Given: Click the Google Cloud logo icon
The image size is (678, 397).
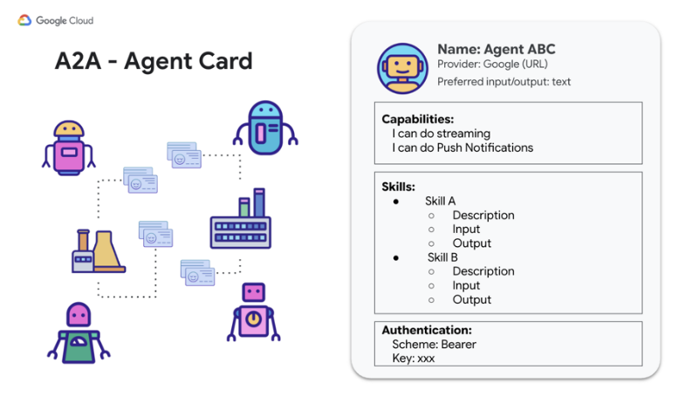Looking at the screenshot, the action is [x=24, y=20].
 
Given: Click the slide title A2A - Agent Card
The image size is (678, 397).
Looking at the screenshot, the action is [x=154, y=61].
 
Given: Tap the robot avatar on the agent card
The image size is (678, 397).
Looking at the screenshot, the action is [x=402, y=68].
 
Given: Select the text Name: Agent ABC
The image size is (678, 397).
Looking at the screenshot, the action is [x=497, y=50].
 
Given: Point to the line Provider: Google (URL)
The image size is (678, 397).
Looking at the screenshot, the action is [x=492, y=64].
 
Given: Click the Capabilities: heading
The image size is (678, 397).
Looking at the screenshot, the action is [x=418, y=119].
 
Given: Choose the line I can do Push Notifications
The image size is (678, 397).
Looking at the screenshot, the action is [x=462, y=147].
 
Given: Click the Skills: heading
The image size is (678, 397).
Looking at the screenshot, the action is [x=398, y=187].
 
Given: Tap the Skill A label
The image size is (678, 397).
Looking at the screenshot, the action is [x=440, y=201].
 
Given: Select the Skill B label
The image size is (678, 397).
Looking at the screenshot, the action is [x=442, y=257].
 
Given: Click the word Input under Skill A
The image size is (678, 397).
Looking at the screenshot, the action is [x=466, y=229].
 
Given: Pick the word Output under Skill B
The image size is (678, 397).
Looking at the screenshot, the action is [x=472, y=299].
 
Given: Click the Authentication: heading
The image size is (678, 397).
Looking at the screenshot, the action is [x=427, y=330].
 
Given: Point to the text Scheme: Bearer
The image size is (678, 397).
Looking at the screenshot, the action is [x=435, y=345].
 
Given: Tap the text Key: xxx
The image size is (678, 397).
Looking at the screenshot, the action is [x=414, y=358].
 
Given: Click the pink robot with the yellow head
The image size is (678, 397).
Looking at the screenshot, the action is [x=69, y=148].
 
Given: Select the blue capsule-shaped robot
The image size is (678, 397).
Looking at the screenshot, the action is [x=265, y=128].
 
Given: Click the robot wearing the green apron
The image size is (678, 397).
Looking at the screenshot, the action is [x=79, y=333].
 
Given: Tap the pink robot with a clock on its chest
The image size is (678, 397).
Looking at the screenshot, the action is [x=253, y=312].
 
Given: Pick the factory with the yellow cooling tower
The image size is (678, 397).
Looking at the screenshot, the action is [x=99, y=250].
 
